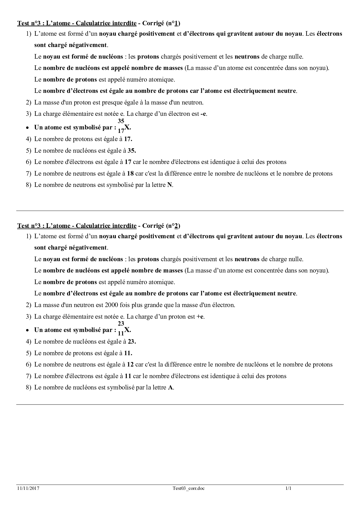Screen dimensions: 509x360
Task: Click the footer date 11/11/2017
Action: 28,488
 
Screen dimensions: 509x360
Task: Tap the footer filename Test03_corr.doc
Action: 188,488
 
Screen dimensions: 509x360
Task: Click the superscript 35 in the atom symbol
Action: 121,121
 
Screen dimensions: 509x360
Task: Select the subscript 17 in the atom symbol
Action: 121,131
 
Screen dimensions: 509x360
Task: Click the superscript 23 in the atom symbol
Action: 121,324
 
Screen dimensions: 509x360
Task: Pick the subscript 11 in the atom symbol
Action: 121,333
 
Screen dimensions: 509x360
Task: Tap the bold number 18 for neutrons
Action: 130,174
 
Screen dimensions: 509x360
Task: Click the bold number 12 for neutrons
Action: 130,364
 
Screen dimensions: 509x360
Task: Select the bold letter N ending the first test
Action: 170,185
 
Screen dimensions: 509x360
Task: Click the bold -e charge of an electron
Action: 203,114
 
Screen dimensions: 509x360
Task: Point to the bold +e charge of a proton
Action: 200,317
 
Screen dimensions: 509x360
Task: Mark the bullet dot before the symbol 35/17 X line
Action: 27,128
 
